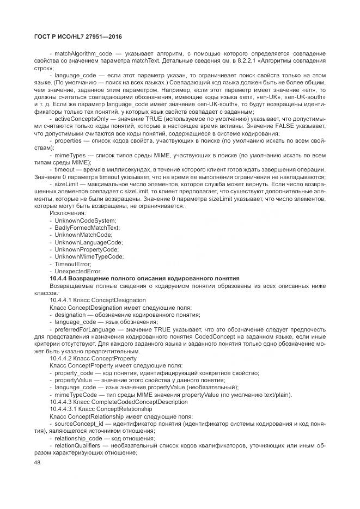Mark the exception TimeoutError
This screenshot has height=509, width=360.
[72, 263]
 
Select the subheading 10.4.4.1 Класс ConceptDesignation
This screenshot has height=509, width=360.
[97, 300]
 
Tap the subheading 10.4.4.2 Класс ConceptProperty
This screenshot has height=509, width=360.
[93, 359]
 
